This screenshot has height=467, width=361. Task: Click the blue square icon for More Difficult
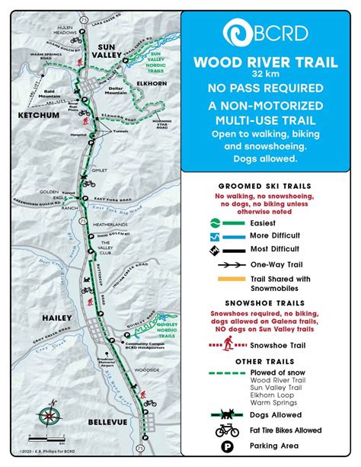217,235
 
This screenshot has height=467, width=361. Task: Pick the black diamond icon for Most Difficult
217,249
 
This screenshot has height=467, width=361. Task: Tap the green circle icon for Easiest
217,222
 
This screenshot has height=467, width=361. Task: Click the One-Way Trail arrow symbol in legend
232,265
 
